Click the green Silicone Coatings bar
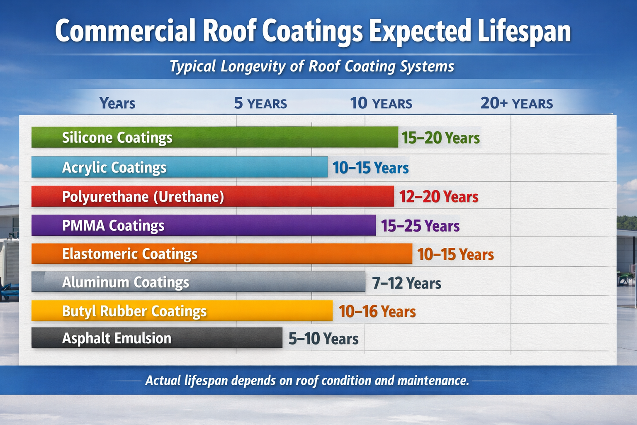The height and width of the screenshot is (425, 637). (214, 137)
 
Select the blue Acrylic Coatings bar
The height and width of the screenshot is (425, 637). (179, 167)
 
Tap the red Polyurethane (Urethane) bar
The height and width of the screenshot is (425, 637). (212, 196)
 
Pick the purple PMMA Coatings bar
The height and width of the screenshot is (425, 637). (203, 225)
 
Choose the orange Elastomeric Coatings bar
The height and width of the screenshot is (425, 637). (221, 254)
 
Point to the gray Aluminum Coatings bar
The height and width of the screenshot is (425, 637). (198, 282)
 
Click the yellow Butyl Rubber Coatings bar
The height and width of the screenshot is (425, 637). (182, 311)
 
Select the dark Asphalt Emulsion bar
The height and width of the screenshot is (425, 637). (157, 338)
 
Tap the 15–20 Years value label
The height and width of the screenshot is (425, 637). (440, 138)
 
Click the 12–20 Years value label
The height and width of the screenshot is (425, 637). (439, 197)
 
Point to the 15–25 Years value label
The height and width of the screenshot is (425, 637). (420, 226)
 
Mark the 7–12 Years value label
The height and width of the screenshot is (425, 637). (406, 283)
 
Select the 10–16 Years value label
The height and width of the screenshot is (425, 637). (377, 311)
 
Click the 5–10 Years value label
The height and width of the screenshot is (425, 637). (323, 339)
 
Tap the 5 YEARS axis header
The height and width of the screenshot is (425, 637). (260, 103)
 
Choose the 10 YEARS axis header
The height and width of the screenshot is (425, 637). (381, 103)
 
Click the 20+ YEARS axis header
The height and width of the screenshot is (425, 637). (517, 103)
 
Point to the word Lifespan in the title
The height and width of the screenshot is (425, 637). (524, 32)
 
